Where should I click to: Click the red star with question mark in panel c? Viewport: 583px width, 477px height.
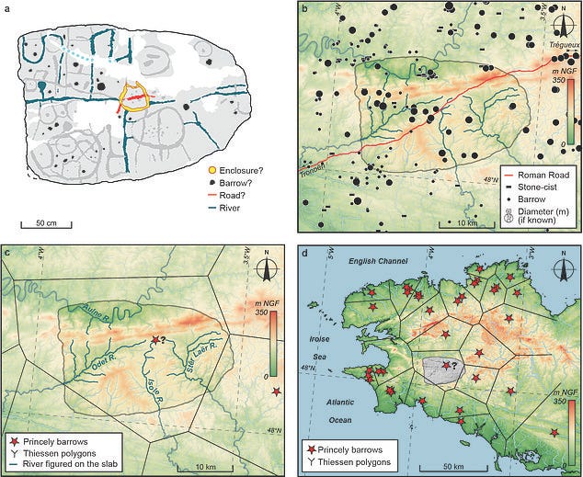pyautogui.click(x=156, y=341)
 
